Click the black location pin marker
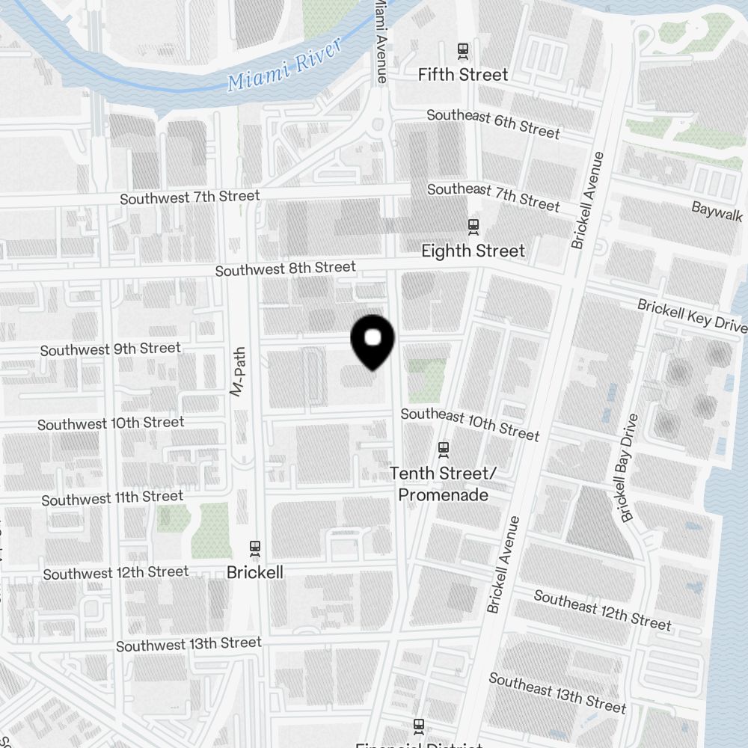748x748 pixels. click(373, 341)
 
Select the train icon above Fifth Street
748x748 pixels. click(463, 52)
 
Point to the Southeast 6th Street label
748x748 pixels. click(493, 123)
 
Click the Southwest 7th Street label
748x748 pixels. click(190, 197)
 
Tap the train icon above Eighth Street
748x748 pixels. click(473, 226)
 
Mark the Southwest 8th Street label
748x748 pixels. click(286, 269)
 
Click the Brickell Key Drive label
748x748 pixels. click(692, 315)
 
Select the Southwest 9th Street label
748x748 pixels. click(111, 349)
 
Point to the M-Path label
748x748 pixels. click(238, 372)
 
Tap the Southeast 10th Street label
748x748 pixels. click(470, 424)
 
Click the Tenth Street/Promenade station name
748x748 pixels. click(443, 484)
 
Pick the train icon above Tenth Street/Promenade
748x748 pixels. click(444, 449)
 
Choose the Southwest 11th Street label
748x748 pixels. click(112, 498)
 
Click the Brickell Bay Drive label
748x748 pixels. click(628, 467)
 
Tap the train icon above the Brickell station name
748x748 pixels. click(255, 548)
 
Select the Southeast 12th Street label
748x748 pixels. click(602, 610)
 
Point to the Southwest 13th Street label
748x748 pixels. click(188, 644)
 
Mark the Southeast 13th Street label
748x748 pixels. click(557, 692)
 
